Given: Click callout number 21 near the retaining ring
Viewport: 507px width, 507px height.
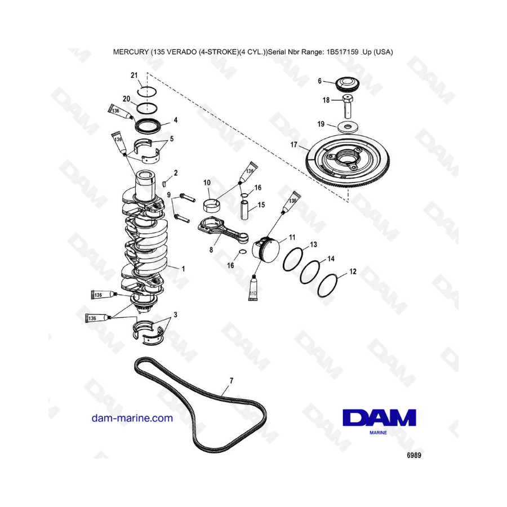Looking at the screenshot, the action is tap(134, 75).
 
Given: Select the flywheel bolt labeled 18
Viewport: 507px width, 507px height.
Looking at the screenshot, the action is tap(347, 106).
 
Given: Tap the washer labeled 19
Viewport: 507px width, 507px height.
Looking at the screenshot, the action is tap(348, 127).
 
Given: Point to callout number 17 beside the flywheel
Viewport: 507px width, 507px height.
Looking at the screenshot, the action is tap(293, 145).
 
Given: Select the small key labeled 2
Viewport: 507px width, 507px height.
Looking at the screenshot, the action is tap(163, 184).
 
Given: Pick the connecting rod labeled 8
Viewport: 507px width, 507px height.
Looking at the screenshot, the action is tap(223, 231).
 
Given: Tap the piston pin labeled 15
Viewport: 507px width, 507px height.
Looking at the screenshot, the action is tap(244, 210).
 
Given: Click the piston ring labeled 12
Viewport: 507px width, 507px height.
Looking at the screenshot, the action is tap(327, 286).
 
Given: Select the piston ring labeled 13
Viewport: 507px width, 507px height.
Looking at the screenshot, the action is tap(293, 259).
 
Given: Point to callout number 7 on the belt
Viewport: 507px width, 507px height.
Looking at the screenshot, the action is tap(231, 381).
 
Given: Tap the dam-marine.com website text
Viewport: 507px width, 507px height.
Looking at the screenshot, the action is tap(132, 418).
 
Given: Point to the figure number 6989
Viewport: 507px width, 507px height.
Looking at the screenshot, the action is tap(413, 455).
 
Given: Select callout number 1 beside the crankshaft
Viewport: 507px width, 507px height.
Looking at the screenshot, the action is tap(183, 269).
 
